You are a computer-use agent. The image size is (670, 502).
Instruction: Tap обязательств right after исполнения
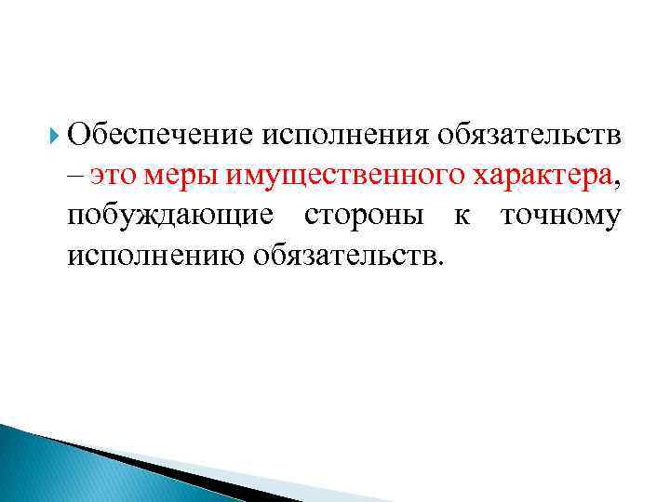[528, 135]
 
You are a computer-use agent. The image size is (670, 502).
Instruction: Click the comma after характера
[615, 179]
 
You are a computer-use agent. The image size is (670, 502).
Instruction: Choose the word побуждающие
[170, 216]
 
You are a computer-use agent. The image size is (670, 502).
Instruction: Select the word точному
[561, 216]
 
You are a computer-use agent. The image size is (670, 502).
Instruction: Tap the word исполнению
[154, 256]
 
